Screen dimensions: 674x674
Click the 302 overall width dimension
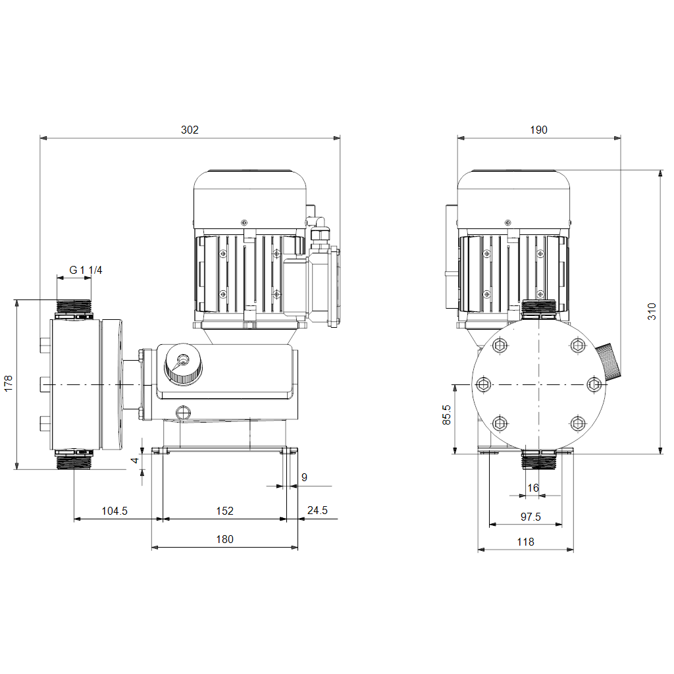190,130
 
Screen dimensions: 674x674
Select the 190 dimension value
538,130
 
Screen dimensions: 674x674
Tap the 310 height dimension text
652,311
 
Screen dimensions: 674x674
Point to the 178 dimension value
8,384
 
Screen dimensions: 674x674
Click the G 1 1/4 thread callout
86,270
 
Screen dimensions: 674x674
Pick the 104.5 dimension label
115,511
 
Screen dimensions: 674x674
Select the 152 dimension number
225,511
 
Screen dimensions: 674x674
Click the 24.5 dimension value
317,510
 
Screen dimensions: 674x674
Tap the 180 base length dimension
225,539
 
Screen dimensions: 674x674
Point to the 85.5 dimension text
447,415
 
